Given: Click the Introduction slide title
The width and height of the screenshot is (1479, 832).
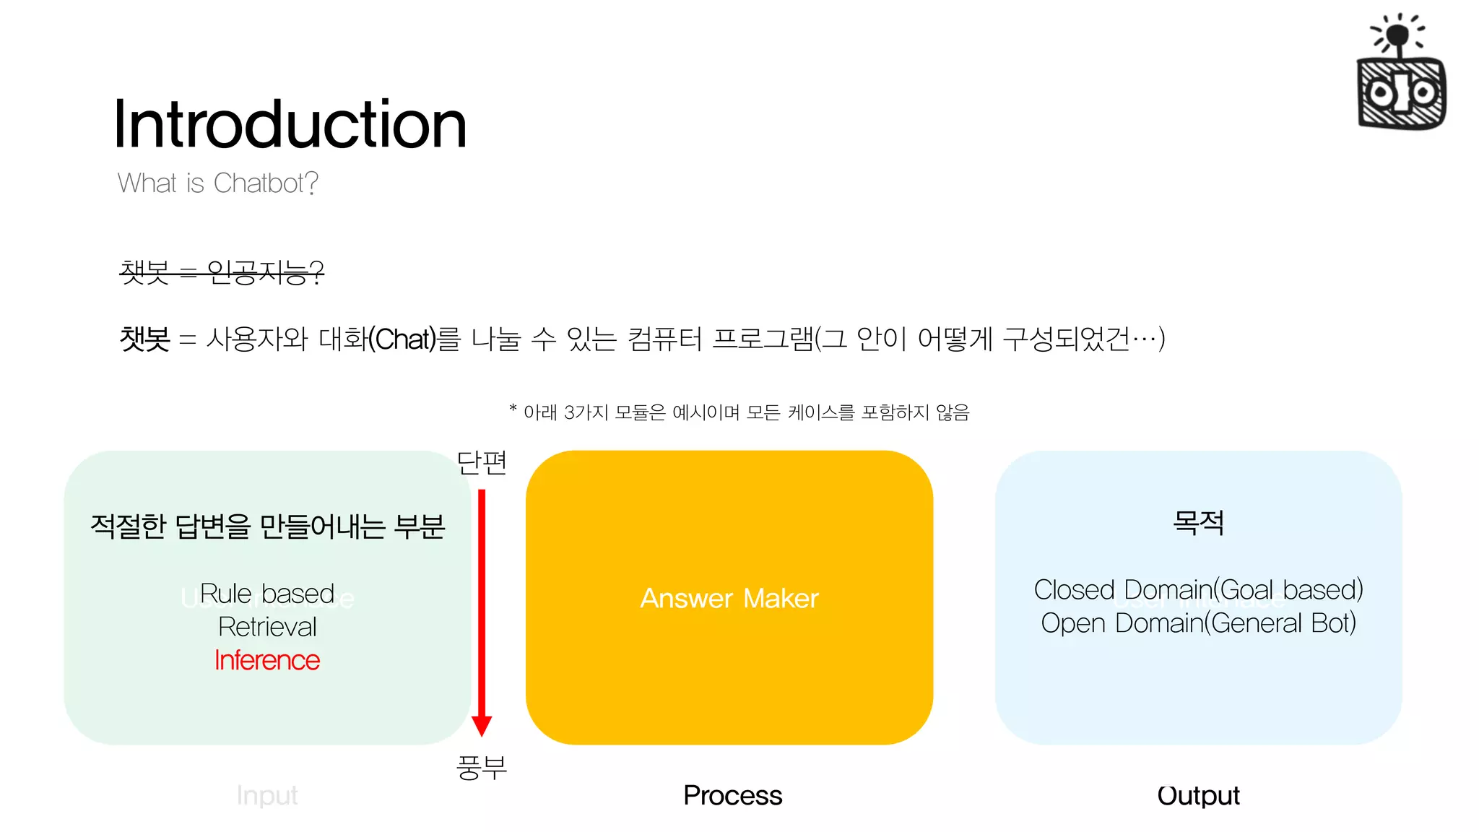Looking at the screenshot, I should point(290,124).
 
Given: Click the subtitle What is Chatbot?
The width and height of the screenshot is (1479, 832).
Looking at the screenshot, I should point(217,183).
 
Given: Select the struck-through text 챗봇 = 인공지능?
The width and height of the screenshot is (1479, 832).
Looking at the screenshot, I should point(222,272).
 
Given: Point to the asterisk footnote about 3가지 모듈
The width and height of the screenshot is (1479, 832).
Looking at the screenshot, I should point(739,412).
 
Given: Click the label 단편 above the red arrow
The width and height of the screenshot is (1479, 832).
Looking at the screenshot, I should point(482,462).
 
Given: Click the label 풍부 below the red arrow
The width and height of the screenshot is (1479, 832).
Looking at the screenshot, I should point(482,767).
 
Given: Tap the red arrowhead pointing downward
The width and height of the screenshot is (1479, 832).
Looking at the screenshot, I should point(482,725).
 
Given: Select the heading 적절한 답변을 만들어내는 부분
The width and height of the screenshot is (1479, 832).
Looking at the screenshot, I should point(267,526).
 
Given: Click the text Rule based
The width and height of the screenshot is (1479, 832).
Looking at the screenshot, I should point(267,594).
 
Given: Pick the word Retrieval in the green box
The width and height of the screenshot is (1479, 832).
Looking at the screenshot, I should point(267,627).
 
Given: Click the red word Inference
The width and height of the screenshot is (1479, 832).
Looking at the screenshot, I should point(267,660).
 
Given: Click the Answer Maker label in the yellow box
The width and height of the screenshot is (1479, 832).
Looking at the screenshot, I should point(729,598).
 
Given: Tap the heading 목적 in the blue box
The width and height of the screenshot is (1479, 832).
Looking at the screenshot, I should point(1198,522).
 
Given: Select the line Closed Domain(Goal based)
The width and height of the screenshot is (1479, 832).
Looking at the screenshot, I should point(1198,589).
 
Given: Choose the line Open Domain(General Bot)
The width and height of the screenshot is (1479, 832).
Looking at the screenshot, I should point(1198,623).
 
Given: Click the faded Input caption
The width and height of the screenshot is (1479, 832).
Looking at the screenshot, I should point(267,795).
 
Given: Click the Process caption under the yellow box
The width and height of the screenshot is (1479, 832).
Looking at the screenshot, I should point(732,795).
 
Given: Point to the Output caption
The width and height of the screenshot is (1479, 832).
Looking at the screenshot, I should point(1198,795).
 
